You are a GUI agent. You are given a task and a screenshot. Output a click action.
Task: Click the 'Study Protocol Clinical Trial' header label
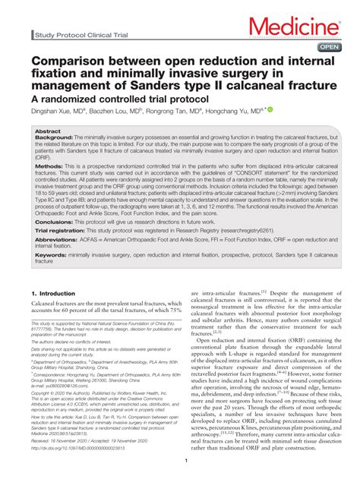click(x=81, y=36)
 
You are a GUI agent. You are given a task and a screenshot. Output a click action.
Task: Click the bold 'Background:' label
click(x=53, y=138)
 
